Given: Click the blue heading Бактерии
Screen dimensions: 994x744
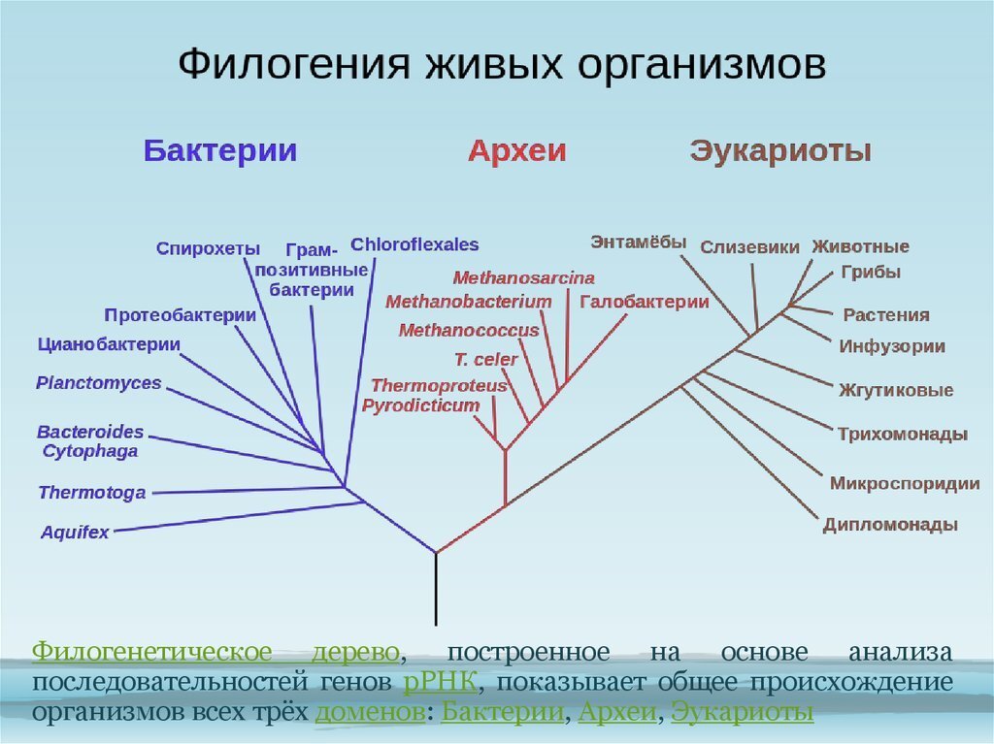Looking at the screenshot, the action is point(219,151).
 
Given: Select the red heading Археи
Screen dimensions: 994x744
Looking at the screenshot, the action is point(516,151).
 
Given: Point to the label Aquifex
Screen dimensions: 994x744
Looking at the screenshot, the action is point(75,532).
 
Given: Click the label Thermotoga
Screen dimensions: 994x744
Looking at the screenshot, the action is point(92,493).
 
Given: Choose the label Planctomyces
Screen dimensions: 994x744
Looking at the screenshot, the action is point(99,383).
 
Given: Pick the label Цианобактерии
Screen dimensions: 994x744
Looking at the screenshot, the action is point(109,344).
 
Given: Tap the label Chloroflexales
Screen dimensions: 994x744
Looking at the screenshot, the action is point(414,244).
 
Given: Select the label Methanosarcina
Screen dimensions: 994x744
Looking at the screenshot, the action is point(523,278).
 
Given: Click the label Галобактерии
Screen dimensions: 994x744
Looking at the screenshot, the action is point(645,302).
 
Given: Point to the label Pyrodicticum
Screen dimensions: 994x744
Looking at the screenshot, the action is point(420,405).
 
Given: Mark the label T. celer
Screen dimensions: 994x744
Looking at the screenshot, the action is point(486,360).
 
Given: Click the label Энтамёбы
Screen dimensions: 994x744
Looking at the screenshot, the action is point(638,242).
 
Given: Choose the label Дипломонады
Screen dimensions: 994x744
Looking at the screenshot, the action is point(890,525).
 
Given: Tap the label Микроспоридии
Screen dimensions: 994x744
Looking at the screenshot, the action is point(904,483).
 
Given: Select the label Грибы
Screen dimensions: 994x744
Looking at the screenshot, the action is point(871,273).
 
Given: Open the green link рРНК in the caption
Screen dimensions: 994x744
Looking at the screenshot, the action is point(439,682).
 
